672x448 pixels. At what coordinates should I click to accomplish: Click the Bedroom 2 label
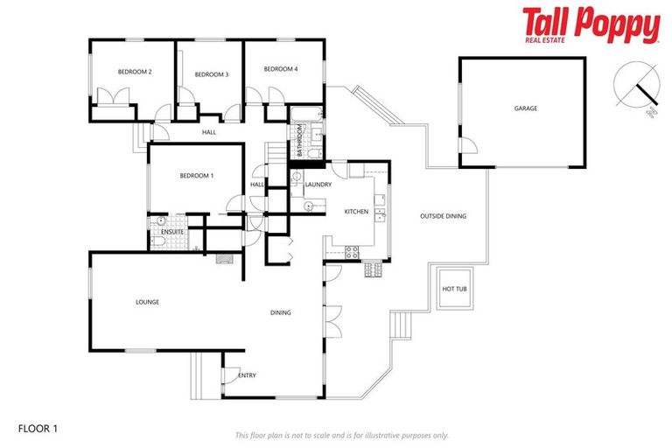(x=136, y=72)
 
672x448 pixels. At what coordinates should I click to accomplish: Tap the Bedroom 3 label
(x=211, y=74)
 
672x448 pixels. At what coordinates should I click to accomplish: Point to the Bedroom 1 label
(x=196, y=176)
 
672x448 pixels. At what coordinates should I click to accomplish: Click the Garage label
(x=525, y=108)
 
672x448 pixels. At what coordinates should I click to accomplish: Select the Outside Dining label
(x=443, y=216)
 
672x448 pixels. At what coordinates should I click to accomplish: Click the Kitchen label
(x=356, y=212)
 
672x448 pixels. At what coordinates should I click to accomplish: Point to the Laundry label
(x=318, y=185)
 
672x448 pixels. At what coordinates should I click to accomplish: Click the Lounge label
(x=147, y=302)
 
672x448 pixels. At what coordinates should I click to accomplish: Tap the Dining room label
(x=280, y=312)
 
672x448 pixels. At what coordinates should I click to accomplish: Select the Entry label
(x=248, y=375)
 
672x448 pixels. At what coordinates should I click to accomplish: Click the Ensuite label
(x=171, y=232)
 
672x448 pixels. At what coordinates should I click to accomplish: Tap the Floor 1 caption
(x=37, y=429)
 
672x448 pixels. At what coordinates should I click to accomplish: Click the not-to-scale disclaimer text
(x=341, y=435)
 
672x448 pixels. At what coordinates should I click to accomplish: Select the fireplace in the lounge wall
(x=225, y=258)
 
